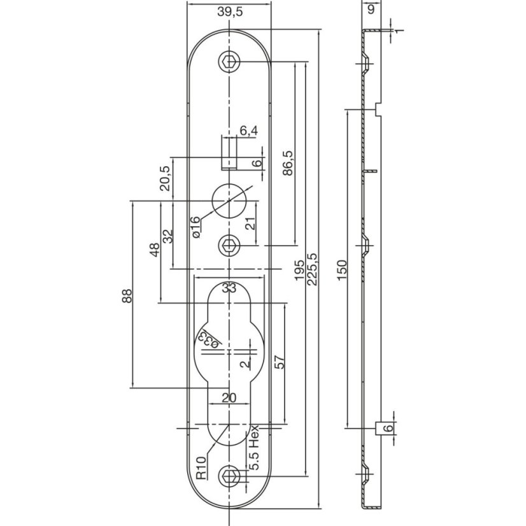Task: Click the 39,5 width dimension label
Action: tap(229, 12)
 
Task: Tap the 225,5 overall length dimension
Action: tap(312, 269)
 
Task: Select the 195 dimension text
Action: tap(299, 269)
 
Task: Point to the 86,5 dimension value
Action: tap(287, 163)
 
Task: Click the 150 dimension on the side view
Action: tap(342, 270)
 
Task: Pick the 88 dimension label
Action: tap(127, 296)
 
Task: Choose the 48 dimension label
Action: tap(155, 250)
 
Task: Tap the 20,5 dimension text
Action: tap(165, 179)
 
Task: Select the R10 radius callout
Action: tap(201, 468)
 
